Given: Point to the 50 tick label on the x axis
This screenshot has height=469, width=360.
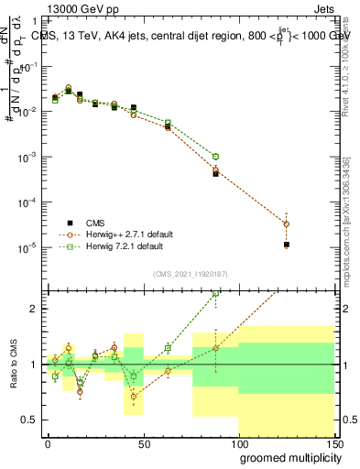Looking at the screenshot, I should [x=142, y=443].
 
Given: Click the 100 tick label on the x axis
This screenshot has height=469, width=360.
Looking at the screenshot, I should [x=238, y=443].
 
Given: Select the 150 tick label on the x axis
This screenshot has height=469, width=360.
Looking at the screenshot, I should [x=333, y=443].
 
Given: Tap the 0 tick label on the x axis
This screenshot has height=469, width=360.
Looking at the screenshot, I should [x=47, y=443].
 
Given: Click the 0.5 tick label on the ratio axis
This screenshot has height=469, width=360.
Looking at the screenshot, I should [x=29, y=420].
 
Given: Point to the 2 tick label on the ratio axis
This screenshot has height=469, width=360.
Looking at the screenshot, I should [x=34, y=309].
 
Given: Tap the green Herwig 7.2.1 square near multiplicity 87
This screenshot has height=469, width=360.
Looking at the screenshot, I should [x=216, y=157].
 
